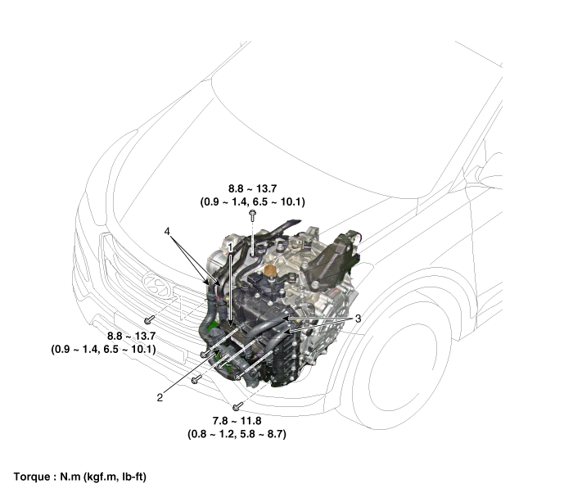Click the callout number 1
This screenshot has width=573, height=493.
coord(231,245)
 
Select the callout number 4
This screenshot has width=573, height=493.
coord(168,232)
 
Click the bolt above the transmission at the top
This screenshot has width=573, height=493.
coord(253,215)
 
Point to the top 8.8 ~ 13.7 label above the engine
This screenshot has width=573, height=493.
coord(252,188)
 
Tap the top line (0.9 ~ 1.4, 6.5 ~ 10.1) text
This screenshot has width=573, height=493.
coord(252,201)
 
